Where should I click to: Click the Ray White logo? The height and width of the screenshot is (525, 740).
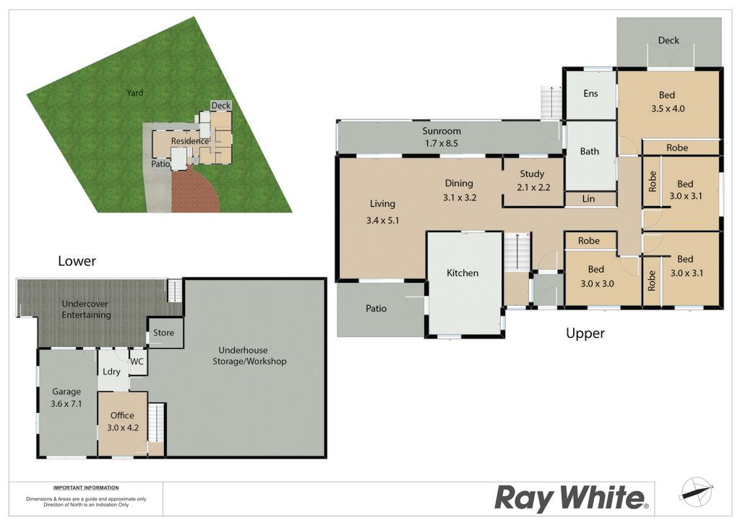572,498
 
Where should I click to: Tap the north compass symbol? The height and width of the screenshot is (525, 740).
696,490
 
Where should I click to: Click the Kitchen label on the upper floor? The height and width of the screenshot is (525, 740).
462,273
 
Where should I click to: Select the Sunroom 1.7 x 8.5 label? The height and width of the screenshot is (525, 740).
442,137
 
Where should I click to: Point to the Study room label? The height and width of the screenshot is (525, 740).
532,174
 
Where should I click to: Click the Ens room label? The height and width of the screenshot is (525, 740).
590,93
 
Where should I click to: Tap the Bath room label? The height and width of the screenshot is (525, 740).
590,151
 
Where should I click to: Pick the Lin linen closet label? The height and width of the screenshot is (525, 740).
588,199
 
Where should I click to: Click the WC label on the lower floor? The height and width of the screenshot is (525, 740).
137,362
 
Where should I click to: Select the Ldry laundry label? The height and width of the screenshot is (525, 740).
111,372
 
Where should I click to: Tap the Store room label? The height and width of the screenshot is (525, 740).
163,333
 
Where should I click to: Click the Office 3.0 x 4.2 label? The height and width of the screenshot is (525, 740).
123,422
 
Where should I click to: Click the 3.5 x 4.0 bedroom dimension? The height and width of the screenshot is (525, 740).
668,108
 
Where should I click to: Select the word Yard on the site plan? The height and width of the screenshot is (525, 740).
134,93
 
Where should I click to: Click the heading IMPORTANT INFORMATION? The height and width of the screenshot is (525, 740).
86,487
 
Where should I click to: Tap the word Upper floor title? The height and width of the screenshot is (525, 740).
585,333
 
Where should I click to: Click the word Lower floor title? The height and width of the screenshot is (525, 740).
77,260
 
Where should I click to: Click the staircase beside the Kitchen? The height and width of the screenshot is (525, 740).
517,252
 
